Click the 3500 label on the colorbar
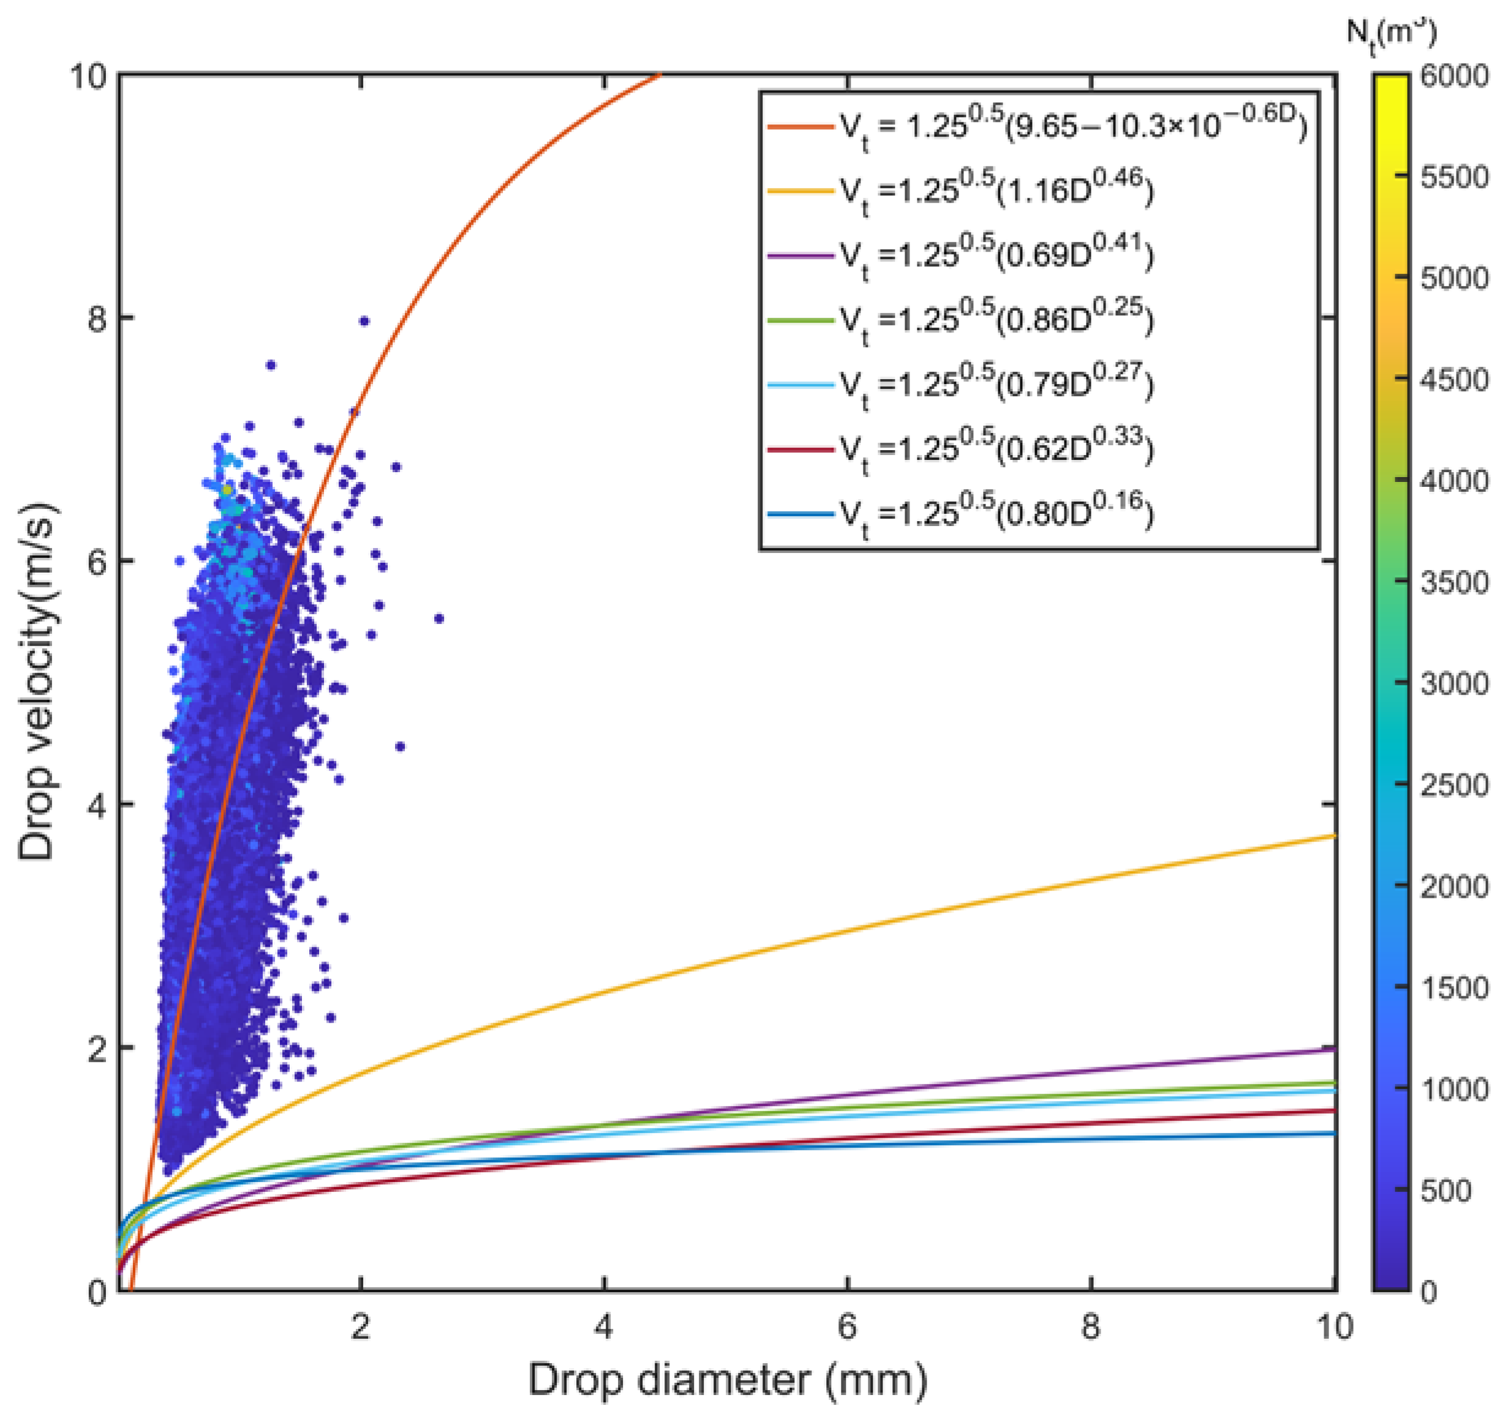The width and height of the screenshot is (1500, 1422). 1455,582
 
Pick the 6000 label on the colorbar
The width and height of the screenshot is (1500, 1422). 1455,77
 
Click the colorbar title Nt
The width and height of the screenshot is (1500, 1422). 1391,34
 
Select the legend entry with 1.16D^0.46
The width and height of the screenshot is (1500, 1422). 997,192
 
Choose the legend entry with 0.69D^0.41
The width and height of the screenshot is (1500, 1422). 997,256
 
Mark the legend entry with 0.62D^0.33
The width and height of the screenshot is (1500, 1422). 997,450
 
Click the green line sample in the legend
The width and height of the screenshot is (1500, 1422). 801,321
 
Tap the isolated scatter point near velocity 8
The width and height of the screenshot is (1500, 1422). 364,322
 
